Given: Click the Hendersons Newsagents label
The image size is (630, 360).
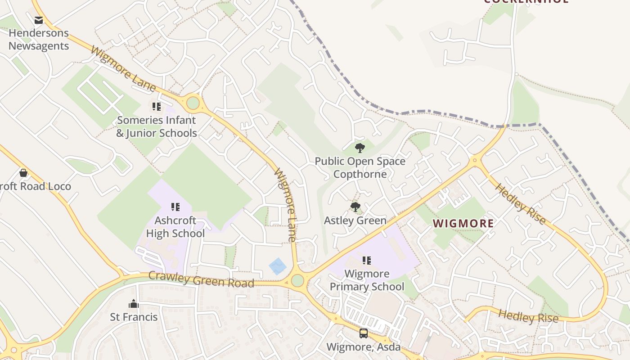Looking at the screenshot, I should pyautogui.click(x=39, y=40).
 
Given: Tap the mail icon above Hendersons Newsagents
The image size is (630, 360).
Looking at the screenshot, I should pyautogui.click(x=39, y=20).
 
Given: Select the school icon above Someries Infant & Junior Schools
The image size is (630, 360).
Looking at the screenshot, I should pyautogui.click(x=156, y=107).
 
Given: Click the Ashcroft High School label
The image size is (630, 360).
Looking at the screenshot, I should pyautogui.click(x=175, y=227).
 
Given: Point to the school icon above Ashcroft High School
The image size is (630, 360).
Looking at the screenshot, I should pyautogui.click(x=175, y=207).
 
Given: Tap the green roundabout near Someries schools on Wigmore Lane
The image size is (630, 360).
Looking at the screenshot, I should pyautogui.click(x=193, y=103).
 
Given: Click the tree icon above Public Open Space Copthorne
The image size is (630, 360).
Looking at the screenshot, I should pyautogui.click(x=360, y=148).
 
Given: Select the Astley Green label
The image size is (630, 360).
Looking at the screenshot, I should pyautogui.click(x=355, y=220).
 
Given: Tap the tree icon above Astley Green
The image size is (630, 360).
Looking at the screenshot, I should pyautogui.click(x=355, y=207).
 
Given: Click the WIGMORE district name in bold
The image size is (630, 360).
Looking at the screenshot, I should pyautogui.click(x=463, y=223).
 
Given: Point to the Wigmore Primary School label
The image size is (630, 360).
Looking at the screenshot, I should pyautogui.click(x=367, y=280).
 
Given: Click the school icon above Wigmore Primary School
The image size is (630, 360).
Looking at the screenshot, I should pyautogui.click(x=367, y=260).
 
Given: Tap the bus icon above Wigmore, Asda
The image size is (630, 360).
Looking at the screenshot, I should pyautogui.click(x=363, y=333).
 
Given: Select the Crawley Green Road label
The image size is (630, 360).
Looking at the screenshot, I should pyautogui.click(x=201, y=279).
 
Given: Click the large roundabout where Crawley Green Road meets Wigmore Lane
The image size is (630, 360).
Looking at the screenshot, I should pyautogui.click(x=297, y=280).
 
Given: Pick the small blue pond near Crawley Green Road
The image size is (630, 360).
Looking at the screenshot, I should pyautogui.click(x=278, y=266).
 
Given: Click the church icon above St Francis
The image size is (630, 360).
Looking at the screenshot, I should pyautogui.click(x=134, y=304).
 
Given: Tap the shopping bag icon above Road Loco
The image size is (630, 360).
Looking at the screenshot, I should pyautogui.click(x=23, y=173).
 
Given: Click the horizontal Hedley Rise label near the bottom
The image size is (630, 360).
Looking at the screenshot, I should pyautogui.click(x=528, y=316).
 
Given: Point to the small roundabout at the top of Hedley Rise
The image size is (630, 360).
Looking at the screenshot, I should pyautogui.click(x=474, y=160).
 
